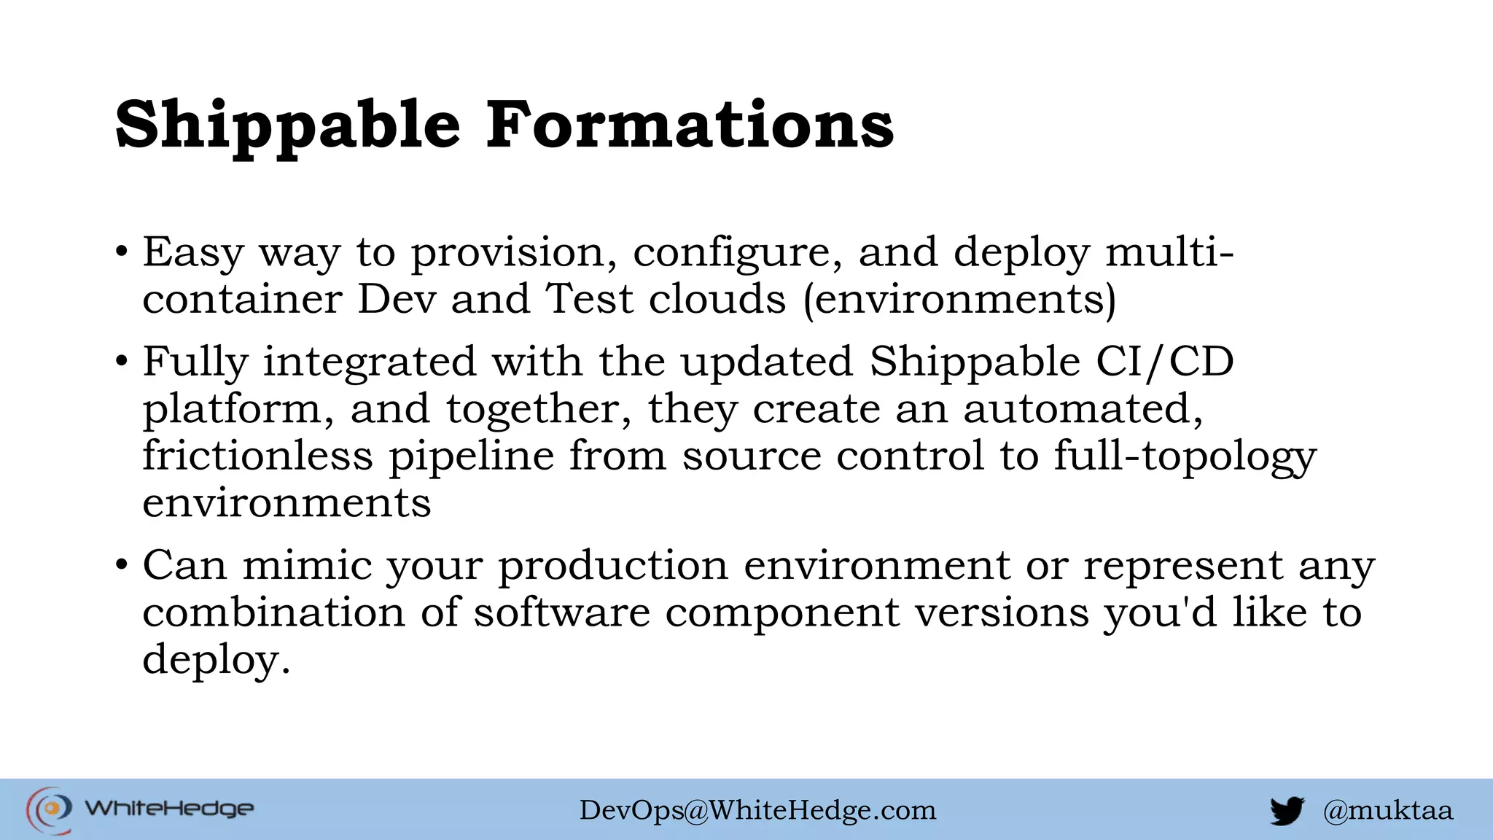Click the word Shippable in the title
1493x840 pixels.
[288, 125]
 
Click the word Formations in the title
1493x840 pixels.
[690, 125]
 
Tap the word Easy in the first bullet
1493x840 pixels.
[192, 254]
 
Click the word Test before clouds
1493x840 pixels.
[590, 300]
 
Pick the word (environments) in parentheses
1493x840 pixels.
[959, 300]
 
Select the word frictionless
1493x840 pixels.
[257, 456]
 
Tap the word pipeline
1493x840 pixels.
[471, 456]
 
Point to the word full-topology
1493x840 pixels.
[1185, 456]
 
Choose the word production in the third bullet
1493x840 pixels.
[613, 566]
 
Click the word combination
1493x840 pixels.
[273, 612]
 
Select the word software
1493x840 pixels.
[562, 612]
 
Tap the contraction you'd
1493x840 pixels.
[1160, 612]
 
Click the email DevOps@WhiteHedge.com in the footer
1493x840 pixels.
[757, 810]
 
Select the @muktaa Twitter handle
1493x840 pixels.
[1387, 810]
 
